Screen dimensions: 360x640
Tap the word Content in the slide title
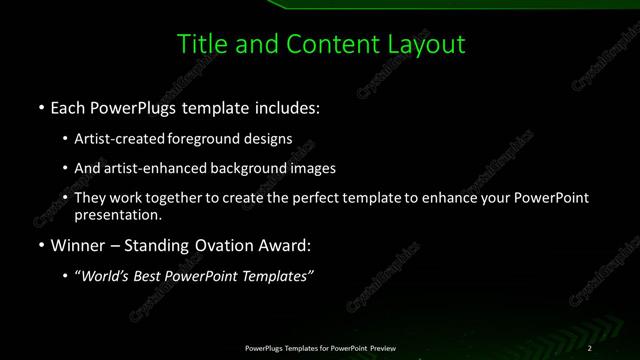click(329, 44)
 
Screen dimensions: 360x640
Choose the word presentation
click(117, 214)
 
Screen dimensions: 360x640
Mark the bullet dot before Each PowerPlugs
click(40, 107)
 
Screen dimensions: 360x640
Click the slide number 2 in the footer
click(590, 348)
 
